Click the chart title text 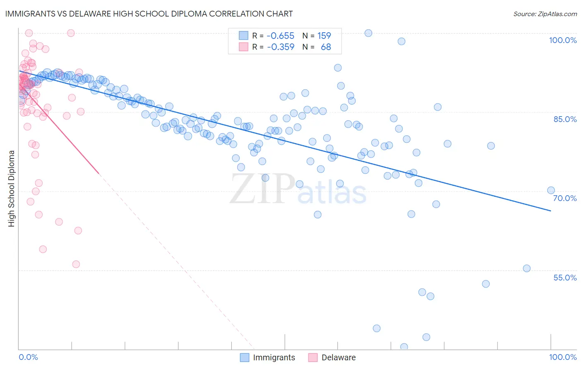coord(149,14)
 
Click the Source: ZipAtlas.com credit coord(545,14)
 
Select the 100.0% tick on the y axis coord(563,40)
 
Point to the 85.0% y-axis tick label coord(565,119)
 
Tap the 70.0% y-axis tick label coord(565,198)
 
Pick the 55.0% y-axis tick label coord(565,278)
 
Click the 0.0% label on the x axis coord(29,357)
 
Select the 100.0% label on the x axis coord(563,357)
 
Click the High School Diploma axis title coord(12,188)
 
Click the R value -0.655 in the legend coord(280,36)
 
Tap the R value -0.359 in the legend coord(280,47)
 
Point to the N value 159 coord(324,36)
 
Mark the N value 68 coord(326,47)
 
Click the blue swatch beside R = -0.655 coord(243,36)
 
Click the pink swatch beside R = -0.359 coord(243,47)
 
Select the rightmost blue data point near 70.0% coord(551,190)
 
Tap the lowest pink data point coord(76,264)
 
